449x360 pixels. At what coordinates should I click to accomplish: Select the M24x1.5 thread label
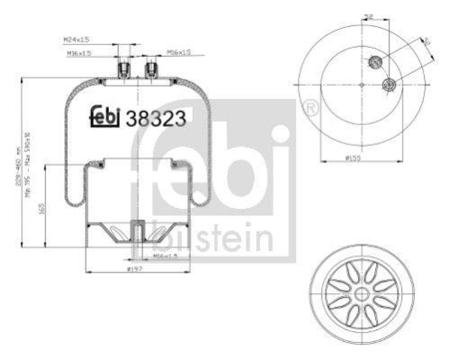tap(77, 40)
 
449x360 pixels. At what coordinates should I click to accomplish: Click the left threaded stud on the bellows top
tap(124, 71)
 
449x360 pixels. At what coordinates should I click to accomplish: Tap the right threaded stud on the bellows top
tap(150, 71)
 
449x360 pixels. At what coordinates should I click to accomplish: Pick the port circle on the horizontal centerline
tap(388, 85)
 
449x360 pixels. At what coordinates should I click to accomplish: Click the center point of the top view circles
tap(361, 85)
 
